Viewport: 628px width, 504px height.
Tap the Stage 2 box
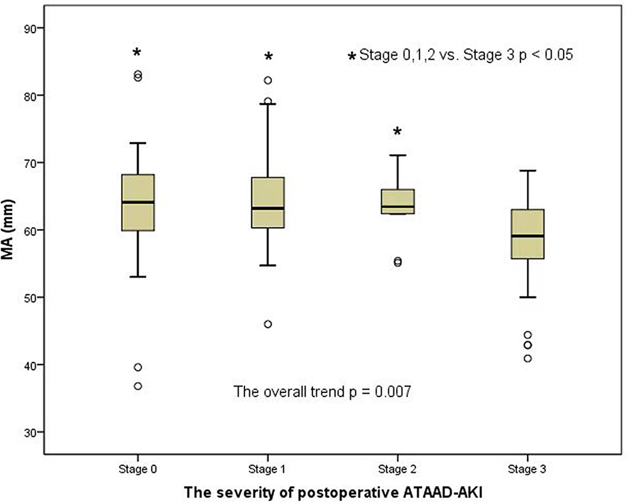pos(397,202)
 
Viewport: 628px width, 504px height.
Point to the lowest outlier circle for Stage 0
pos(138,386)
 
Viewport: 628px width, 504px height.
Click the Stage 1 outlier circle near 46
pos(268,324)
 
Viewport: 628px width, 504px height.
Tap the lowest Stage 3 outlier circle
pos(528,359)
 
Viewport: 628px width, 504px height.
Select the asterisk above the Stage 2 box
pos(397,132)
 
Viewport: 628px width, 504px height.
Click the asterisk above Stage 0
pos(138,53)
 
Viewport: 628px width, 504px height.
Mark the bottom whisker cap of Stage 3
pos(528,297)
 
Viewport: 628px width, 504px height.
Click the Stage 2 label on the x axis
pos(397,469)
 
